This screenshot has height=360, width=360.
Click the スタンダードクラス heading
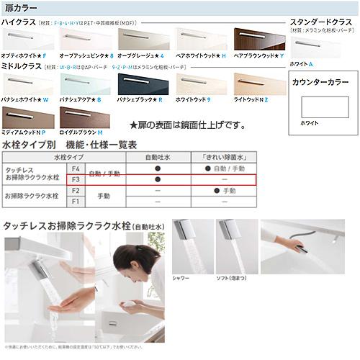(x=318, y=22)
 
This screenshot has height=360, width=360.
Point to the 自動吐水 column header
(x=157, y=156)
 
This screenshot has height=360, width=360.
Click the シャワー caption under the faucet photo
(x=181, y=277)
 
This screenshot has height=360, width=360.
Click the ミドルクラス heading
(x=20, y=66)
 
